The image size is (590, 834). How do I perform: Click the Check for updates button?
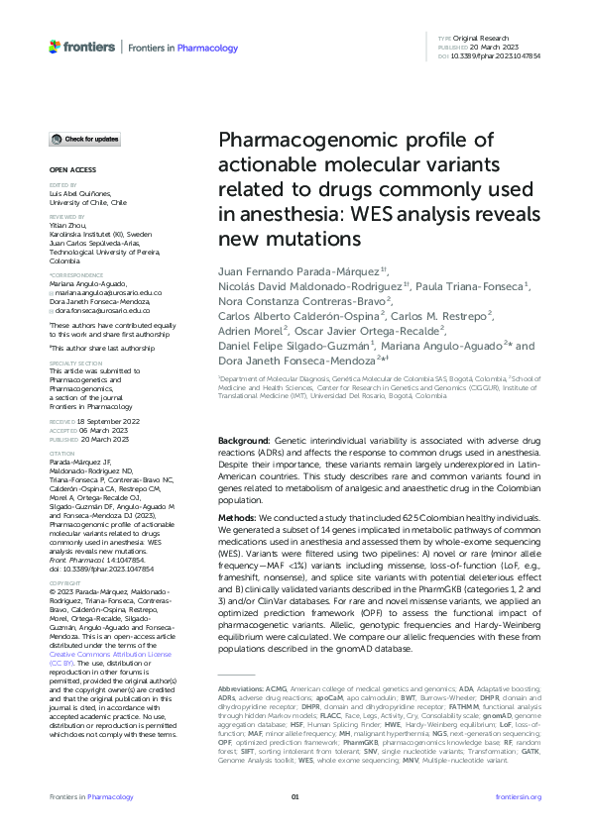click(x=85, y=140)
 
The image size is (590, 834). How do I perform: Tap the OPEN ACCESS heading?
click(x=67, y=170)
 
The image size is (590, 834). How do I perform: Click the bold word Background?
click(x=240, y=439)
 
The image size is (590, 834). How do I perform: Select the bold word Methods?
click(x=235, y=518)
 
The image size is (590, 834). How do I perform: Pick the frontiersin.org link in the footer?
click(x=518, y=796)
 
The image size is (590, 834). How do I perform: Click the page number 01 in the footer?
click(x=295, y=796)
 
